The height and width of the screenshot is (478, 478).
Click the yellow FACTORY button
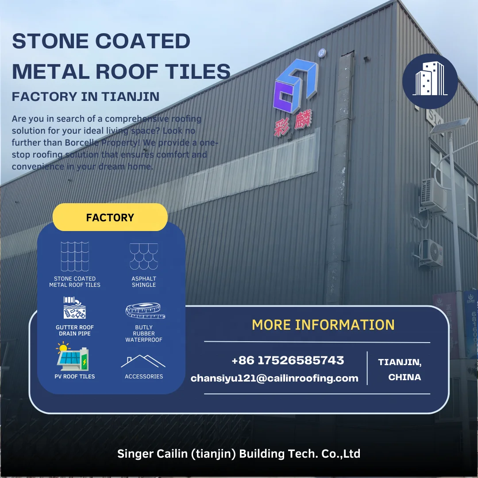click(x=110, y=217)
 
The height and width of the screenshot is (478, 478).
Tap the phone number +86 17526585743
click(x=288, y=360)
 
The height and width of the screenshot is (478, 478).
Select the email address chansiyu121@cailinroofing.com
click(x=274, y=378)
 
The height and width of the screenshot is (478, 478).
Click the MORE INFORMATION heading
click(x=323, y=325)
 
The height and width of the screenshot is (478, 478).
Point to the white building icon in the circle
click(x=430, y=80)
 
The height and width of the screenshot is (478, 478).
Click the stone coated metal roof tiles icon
click(x=75, y=256)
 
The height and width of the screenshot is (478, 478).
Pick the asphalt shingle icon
click(x=144, y=256)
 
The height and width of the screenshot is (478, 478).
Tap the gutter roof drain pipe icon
click(x=75, y=308)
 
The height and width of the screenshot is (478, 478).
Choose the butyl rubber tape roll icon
click(x=145, y=310)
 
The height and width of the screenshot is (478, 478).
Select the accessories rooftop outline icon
click(x=143, y=361)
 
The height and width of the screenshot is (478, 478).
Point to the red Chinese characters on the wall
click(x=293, y=123)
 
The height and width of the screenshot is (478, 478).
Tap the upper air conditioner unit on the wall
click(x=433, y=195)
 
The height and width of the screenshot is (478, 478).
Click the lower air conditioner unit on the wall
click(x=430, y=253)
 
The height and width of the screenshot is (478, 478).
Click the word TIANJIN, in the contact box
click(x=400, y=362)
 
